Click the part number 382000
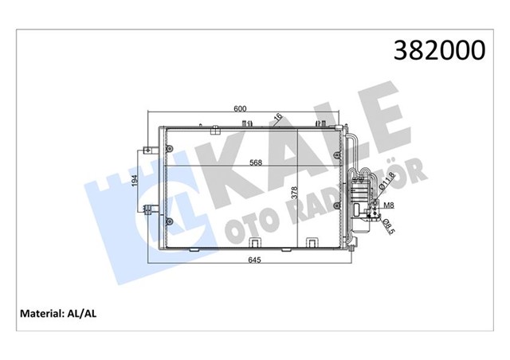438,51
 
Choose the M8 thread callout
389,205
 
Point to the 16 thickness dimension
278,119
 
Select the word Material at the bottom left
41,314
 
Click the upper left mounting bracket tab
148,149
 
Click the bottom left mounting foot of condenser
190,249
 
